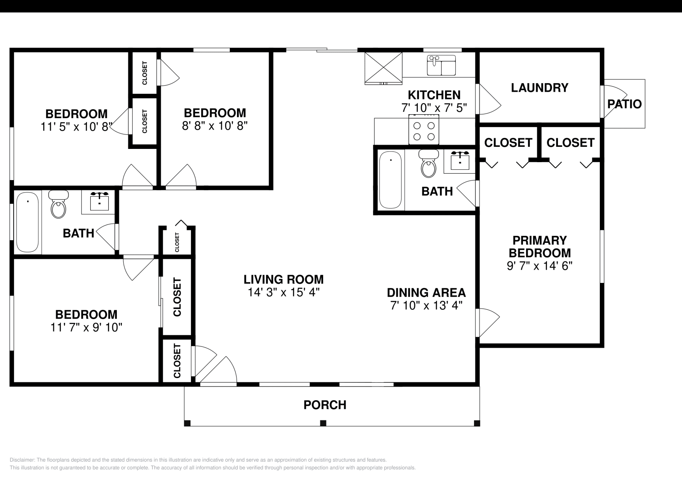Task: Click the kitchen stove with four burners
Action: (x=424, y=130)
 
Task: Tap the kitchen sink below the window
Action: (x=441, y=65)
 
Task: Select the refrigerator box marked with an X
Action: (x=384, y=68)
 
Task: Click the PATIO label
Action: (x=624, y=104)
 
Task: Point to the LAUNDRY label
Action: (x=540, y=88)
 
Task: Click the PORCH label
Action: (x=325, y=405)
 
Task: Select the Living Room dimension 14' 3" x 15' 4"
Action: (x=283, y=292)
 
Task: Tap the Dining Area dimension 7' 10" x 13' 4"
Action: (x=426, y=306)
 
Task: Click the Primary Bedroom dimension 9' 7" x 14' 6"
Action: (x=540, y=266)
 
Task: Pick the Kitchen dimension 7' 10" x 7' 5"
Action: (x=434, y=108)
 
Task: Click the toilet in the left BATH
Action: (x=58, y=204)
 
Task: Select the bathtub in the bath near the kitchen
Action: (x=390, y=180)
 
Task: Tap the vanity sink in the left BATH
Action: (x=99, y=201)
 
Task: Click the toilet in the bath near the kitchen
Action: (x=428, y=163)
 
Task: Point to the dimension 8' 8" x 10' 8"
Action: (x=215, y=125)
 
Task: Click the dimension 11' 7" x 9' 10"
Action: (x=86, y=328)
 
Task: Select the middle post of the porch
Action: (x=323, y=423)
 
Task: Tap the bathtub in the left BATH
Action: (x=27, y=222)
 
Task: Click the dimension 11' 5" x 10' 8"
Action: (x=76, y=127)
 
